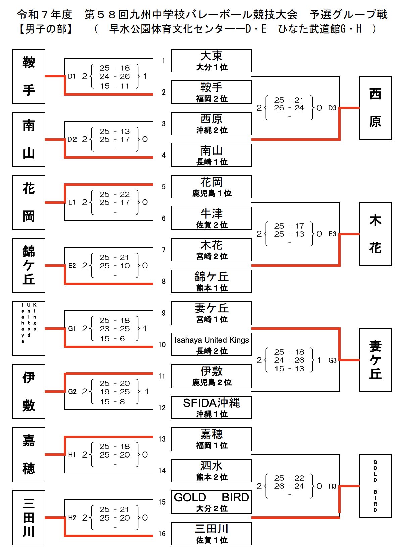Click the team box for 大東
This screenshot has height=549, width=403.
point(211,61)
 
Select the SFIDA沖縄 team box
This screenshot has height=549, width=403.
point(211,407)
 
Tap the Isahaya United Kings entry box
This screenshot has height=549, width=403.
point(211,344)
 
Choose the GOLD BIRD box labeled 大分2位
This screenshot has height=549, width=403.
point(211,502)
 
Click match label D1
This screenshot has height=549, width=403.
point(72,76)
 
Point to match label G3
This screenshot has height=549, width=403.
point(332,360)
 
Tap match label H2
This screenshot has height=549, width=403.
point(72,518)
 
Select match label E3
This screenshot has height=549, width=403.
point(332,234)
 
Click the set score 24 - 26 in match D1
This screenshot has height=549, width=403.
point(114,76)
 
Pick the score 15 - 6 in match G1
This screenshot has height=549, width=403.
point(112,339)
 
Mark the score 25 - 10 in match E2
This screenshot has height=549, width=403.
point(114,266)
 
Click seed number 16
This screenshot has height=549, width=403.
point(162,534)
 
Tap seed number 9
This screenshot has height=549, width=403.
point(164,313)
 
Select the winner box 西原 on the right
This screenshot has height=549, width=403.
point(375,108)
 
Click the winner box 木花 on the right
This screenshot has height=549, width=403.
point(375,234)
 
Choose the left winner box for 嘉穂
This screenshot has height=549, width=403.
point(29,454)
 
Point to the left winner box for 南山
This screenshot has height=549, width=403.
point(29,139)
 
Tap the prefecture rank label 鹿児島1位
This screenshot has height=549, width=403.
point(211,193)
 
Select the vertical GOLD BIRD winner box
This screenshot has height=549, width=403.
point(375,486)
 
